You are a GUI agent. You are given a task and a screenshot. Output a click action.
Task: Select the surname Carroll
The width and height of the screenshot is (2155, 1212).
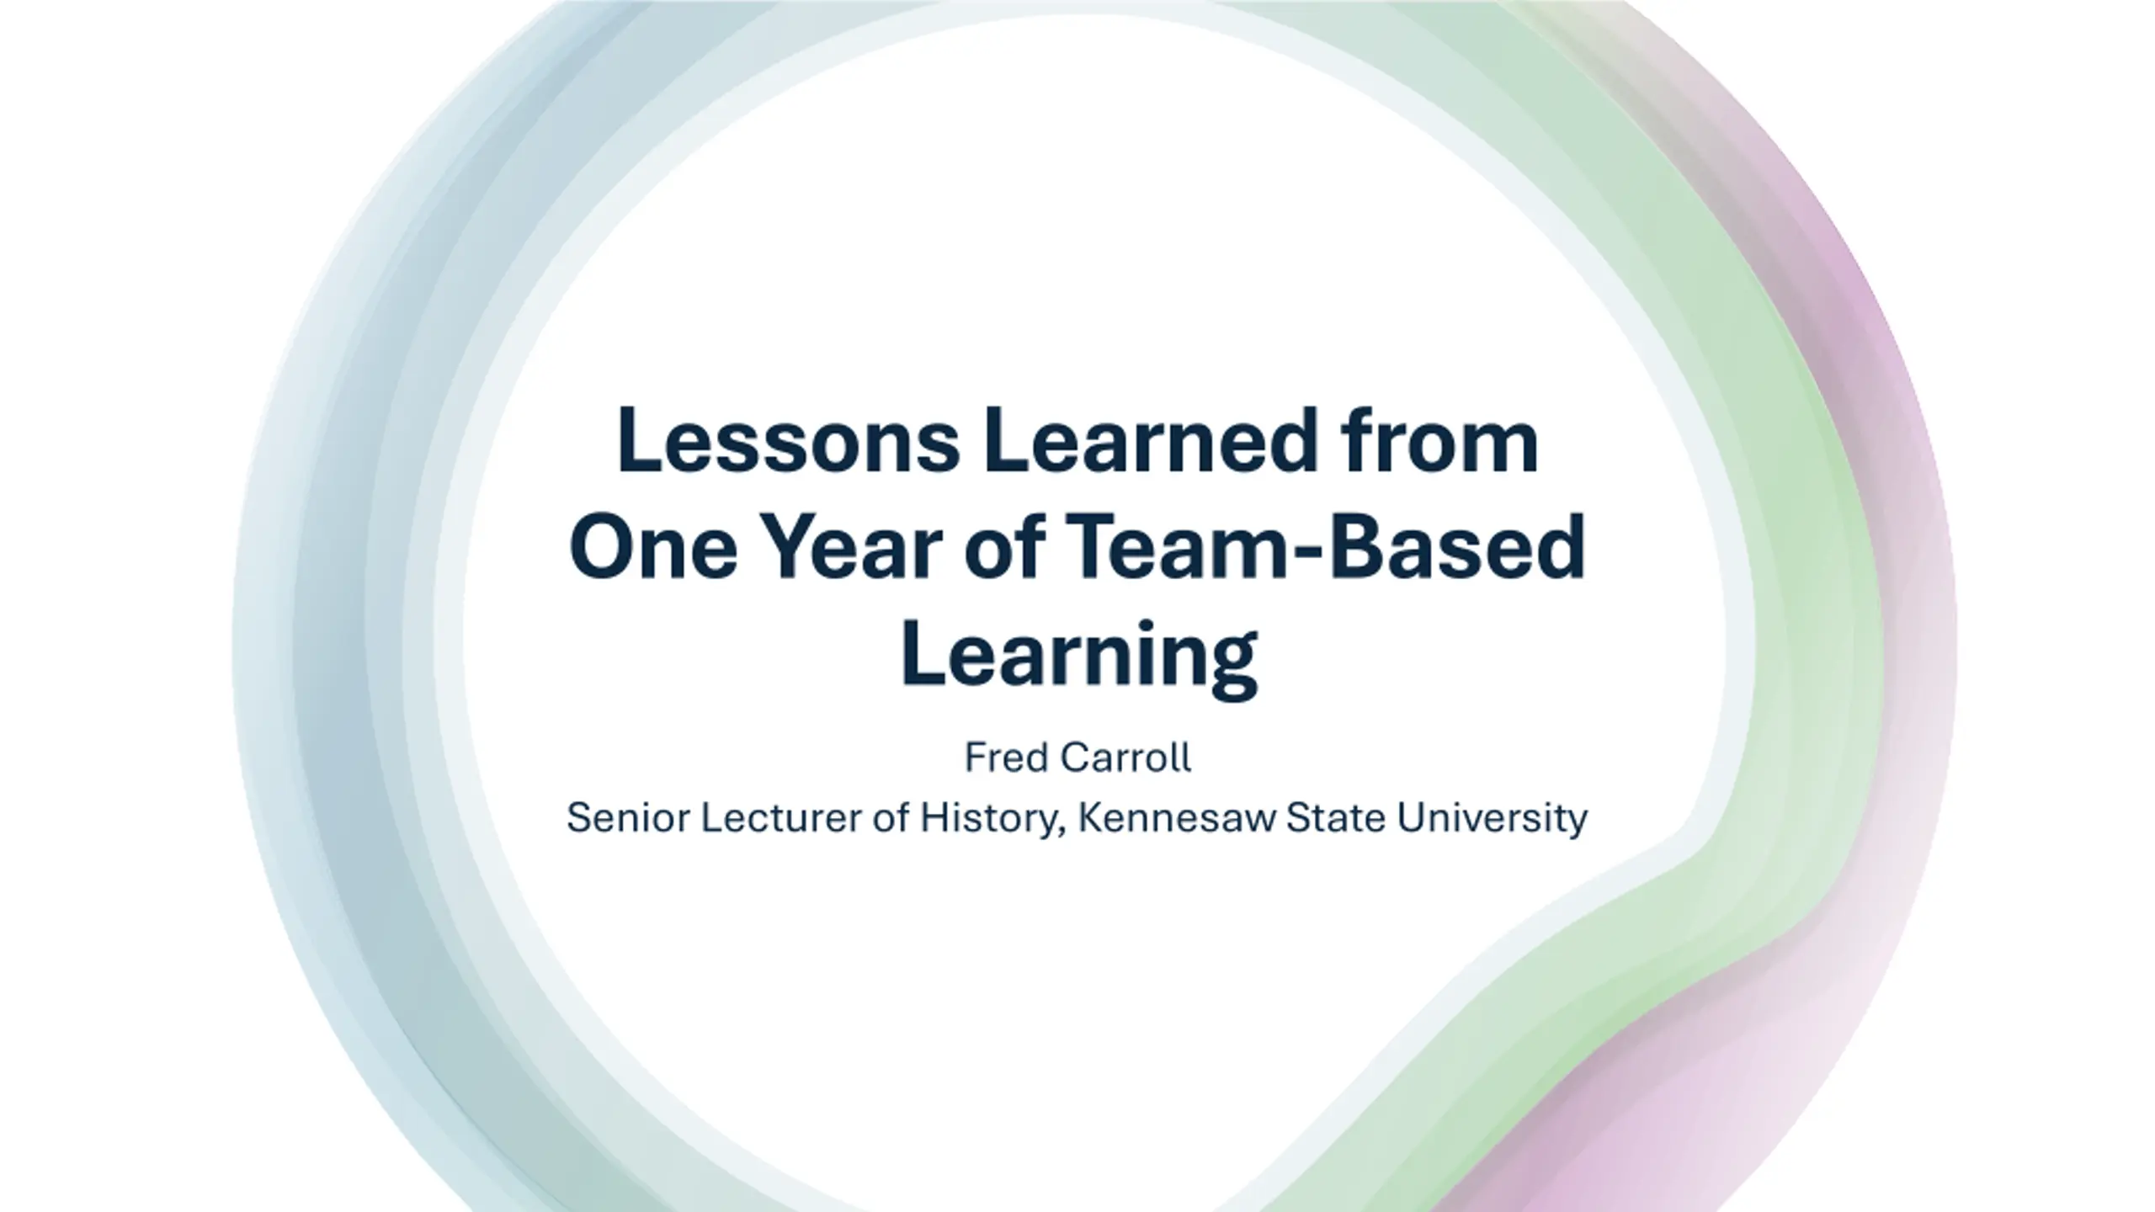(x=1125, y=757)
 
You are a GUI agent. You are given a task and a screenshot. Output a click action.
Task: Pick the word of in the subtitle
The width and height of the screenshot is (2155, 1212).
(x=891, y=817)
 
